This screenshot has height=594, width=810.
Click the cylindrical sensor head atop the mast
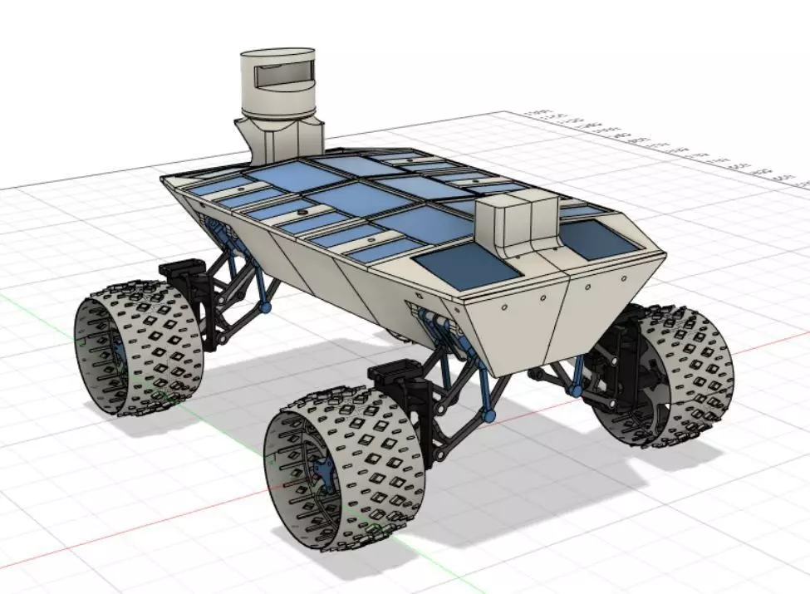click(x=277, y=83)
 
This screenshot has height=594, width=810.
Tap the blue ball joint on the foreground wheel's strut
click(x=489, y=413)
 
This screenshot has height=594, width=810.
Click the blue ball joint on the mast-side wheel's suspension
click(x=267, y=307)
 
